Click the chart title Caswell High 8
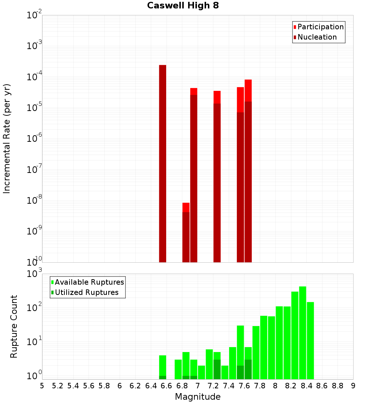point(183,6)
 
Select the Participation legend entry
point(320,27)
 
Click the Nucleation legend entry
point(317,37)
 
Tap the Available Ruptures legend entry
point(89,282)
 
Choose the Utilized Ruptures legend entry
point(86,292)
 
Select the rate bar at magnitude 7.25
point(217,176)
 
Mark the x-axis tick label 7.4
point(229,386)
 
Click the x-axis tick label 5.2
point(57,386)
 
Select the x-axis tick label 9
point(353,386)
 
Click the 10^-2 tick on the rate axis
point(34,15)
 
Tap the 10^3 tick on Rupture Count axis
point(34,274)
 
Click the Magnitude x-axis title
point(198,397)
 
